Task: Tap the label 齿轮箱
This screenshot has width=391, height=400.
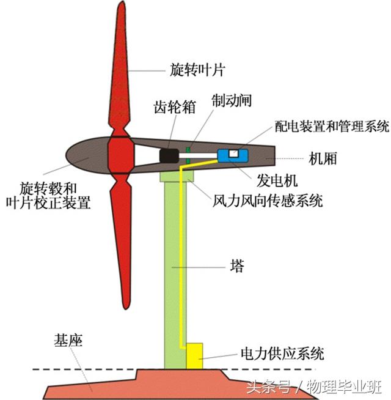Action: click(x=174, y=107)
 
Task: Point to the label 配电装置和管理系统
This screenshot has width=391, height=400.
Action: click(x=315, y=127)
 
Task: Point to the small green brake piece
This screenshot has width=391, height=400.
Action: click(x=190, y=155)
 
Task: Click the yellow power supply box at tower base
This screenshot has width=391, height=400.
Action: click(x=194, y=355)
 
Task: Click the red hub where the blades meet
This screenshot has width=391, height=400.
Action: click(x=120, y=155)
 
